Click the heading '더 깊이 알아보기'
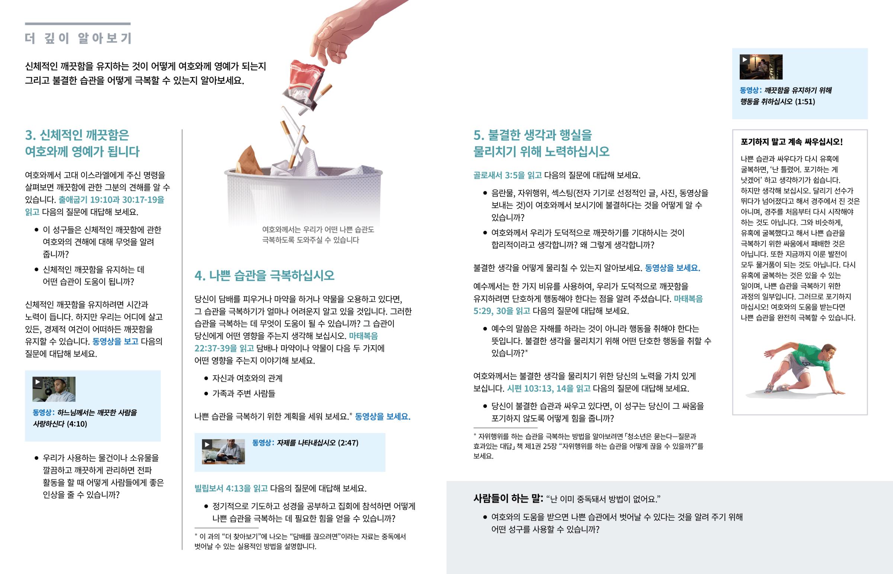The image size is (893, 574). [78, 38]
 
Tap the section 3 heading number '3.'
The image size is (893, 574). [31, 135]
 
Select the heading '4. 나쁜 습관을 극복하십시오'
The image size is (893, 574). [264, 275]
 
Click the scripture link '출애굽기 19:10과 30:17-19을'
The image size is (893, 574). [111, 200]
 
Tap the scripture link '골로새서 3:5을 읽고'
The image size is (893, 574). [507, 175]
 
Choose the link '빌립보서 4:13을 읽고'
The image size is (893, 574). [231, 488]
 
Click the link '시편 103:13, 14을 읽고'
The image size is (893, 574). [548, 388]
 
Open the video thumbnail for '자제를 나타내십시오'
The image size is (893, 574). [223, 452]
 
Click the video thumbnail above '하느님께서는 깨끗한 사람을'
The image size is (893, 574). [54, 389]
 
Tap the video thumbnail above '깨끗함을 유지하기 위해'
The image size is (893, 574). [761, 67]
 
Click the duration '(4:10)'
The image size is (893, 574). [77, 424]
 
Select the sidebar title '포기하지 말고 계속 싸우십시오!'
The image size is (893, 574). [792, 142]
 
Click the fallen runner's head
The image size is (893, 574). [829, 351]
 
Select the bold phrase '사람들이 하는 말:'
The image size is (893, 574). [508, 498]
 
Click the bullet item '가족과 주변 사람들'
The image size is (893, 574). [244, 393]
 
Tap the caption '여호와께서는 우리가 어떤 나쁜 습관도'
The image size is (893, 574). [318, 230]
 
